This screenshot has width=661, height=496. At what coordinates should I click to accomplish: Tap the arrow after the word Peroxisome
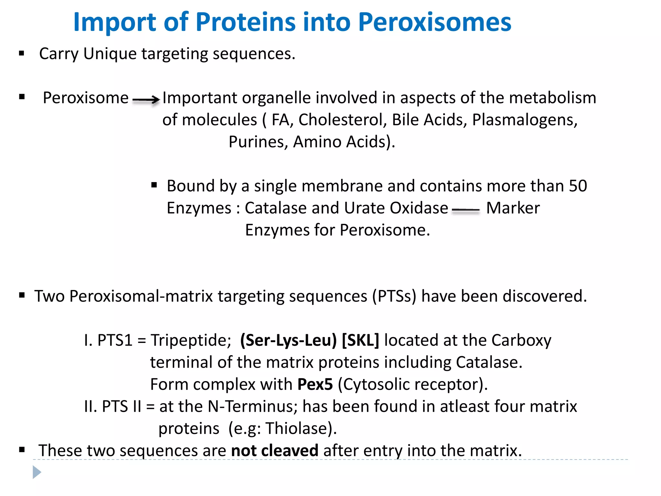(146, 99)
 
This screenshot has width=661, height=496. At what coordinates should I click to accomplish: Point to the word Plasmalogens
(524, 120)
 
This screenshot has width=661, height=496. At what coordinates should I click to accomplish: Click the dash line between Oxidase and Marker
(466, 210)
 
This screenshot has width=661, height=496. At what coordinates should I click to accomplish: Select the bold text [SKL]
(361, 340)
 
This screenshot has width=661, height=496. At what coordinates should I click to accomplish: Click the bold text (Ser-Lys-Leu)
(288, 340)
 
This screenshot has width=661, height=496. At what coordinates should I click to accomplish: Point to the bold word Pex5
(315, 384)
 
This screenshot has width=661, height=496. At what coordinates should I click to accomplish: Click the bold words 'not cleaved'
(275, 450)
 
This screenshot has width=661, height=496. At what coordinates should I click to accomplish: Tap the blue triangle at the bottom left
(36, 472)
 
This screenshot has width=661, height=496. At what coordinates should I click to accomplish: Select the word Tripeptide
(191, 340)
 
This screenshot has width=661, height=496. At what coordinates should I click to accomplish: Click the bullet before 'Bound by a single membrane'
(154, 185)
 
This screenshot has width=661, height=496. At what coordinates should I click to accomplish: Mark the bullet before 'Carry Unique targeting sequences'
(22, 53)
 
